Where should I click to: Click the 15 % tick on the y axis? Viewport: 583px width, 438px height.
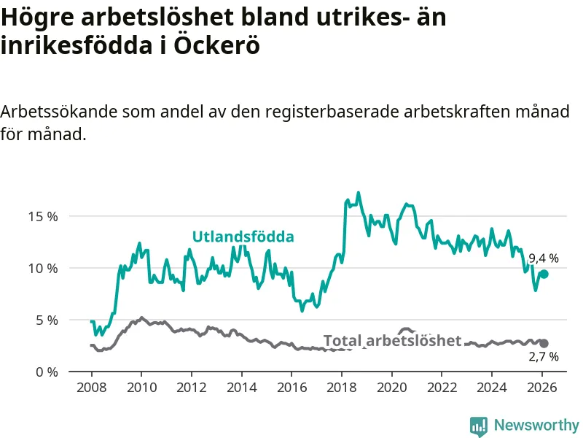click(43, 217)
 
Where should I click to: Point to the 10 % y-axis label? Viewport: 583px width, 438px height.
click(43, 269)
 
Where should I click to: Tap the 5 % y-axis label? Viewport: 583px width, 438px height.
click(46, 320)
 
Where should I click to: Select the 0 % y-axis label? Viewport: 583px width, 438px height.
click(46, 372)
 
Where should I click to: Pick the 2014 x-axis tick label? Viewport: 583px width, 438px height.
click(241, 388)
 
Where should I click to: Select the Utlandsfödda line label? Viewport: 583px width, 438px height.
click(243, 237)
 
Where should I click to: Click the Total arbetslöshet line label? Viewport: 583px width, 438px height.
click(392, 341)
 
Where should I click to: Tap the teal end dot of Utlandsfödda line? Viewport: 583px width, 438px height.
click(544, 274)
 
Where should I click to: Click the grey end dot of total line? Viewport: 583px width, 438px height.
click(544, 343)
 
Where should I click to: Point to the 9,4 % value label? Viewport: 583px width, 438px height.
click(544, 258)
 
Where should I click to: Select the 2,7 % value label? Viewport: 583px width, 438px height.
click(544, 357)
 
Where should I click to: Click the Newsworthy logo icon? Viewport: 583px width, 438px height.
click(479, 425)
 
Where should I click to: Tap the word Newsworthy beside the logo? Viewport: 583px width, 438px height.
click(536, 425)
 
